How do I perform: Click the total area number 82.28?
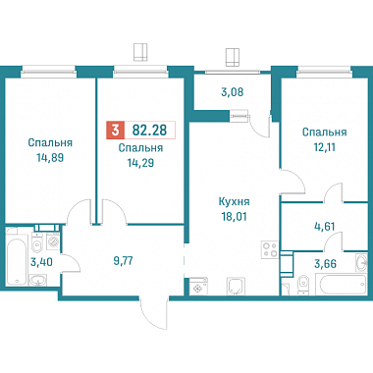[x=149, y=130]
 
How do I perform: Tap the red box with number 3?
[x=115, y=130]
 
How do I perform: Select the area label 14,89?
[x=50, y=158]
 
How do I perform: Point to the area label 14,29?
[x=140, y=163]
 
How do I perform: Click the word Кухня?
[x=235, y=201]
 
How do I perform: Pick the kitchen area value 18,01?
[x=235, y=216]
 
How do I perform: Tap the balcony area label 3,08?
[x=233, y=92]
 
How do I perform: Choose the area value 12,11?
[x=324, y=147]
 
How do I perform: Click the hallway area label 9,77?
[x=123, y=261]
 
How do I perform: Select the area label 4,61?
[x=324, y=226]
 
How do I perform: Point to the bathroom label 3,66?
[x=325, y=263]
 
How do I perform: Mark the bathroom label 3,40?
[x=41, y=262]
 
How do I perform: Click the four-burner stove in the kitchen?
[x=270, y=249]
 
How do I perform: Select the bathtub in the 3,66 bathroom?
[x=341, y=285]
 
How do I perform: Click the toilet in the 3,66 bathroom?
[x=302, y=284]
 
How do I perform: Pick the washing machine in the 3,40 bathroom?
[x=53, y=241]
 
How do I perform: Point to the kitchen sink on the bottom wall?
[x=235, y=287]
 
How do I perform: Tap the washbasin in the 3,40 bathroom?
[x=38, y=280]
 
